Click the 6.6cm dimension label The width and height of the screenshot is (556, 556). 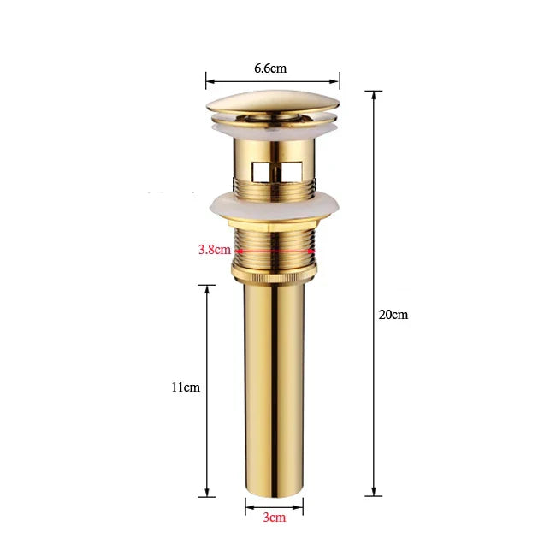pos(271,67)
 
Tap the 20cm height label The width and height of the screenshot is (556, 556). pos(393,314)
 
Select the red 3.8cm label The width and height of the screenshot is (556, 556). pos(214,250)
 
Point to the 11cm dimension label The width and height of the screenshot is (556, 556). pos(185,387)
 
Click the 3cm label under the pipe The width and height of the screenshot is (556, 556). pos(274,517)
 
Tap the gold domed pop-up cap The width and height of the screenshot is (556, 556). pos(273,108)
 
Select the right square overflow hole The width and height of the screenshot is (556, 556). pos(292,169)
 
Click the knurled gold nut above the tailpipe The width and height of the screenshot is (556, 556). pos(274,275)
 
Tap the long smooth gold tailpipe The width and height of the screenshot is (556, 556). pos(274,385)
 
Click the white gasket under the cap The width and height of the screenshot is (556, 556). pos(274,129)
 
